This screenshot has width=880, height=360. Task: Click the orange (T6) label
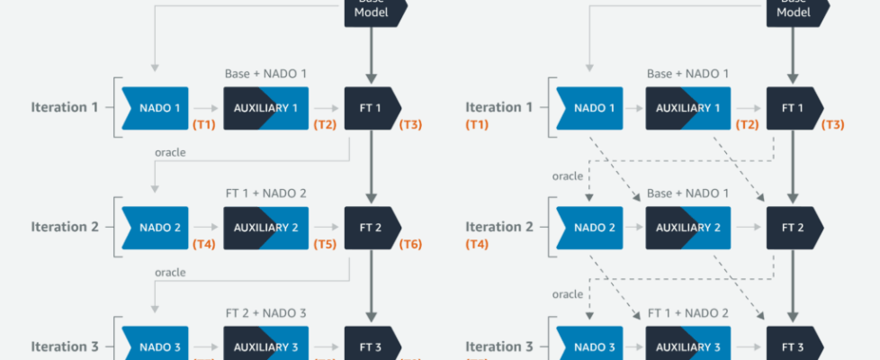tap(410, 244)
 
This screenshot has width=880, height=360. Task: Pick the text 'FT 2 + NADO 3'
tap(265, 313)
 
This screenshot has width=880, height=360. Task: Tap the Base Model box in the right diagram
tap(795, 9)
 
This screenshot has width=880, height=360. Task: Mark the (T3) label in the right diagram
tap(833, 124)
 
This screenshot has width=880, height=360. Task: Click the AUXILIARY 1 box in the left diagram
tap(265, 108)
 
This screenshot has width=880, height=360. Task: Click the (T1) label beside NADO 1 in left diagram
tap(203, 124)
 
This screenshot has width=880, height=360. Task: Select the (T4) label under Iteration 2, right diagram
tap(477, 244)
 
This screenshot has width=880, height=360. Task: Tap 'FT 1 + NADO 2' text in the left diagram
tap(265, 193)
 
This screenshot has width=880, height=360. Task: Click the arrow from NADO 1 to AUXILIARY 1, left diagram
tap(206, 108)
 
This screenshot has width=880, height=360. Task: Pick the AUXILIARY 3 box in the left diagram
tap(265, 346)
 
